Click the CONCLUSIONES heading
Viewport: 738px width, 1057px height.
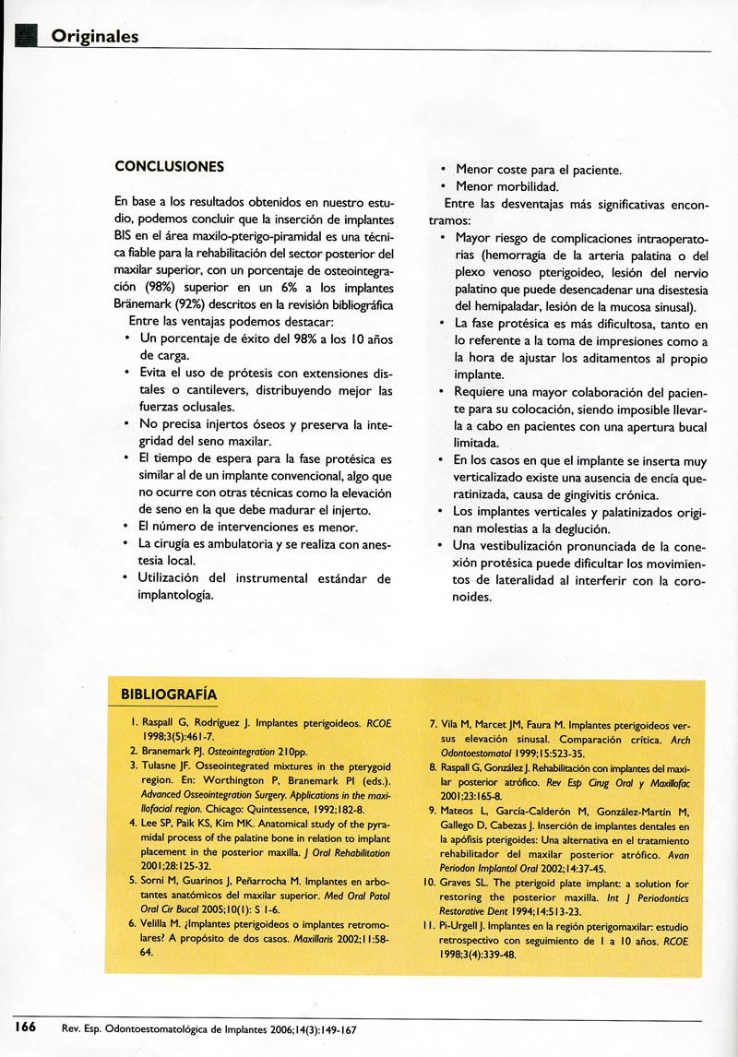tap(169, 167)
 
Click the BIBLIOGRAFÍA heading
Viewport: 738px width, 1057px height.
tap(169, 693)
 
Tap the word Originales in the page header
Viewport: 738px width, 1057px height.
tap(95, 37)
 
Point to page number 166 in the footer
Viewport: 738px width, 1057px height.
tap(25, 1026)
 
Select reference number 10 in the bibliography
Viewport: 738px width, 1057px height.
tap(430, 884)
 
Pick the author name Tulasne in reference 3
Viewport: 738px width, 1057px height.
tap(162, 765)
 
